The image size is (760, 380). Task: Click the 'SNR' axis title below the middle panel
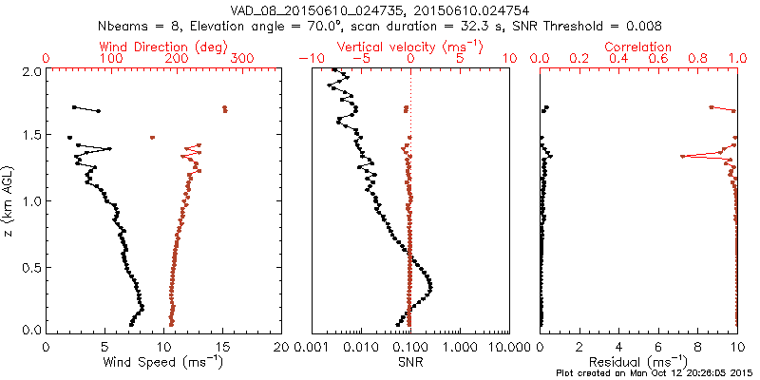pos(410,362)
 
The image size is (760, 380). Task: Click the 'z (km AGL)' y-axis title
pos(9,199)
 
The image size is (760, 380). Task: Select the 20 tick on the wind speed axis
pos(281,348)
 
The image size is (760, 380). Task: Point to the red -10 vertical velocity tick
pos(307,59)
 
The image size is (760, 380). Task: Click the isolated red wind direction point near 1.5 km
pos(152,138)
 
